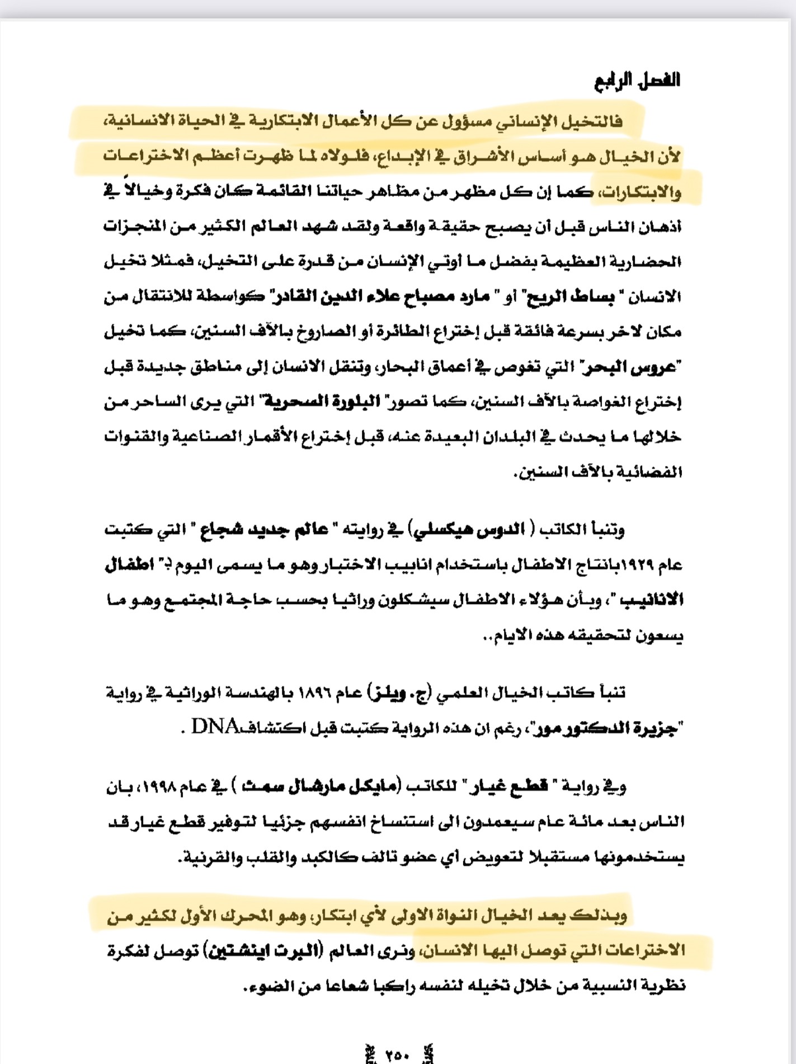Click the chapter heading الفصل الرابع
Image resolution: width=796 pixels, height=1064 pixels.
click(637, 80)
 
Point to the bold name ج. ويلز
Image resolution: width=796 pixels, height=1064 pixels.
click(399, 694)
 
